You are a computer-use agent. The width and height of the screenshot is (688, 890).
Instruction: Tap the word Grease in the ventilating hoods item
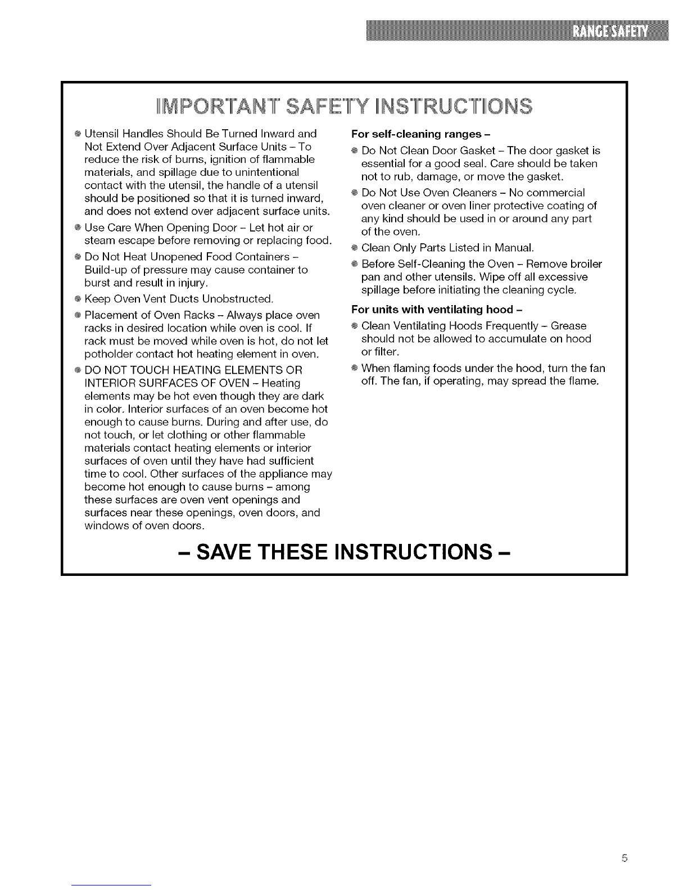pos(568,326)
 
